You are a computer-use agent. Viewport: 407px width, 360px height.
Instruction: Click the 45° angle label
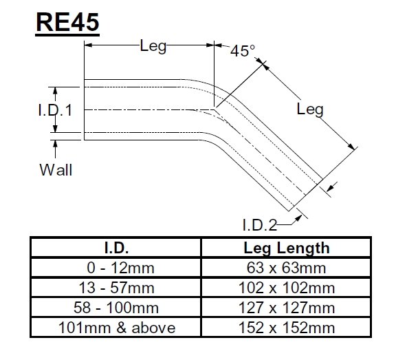tap(242, 50)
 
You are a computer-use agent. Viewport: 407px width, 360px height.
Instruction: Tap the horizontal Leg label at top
tap(153, 47)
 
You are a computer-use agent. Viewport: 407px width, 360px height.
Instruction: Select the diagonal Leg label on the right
tap(310, 109)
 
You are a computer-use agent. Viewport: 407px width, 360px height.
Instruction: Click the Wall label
tap(56, 169)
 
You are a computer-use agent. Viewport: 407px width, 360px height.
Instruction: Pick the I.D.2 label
tap(259, 224)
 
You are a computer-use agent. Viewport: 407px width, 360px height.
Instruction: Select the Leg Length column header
tap(287, 248)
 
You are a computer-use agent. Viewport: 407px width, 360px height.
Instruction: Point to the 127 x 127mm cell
tap(287, 308)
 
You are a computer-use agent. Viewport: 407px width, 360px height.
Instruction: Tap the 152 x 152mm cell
tap(287, 328)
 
